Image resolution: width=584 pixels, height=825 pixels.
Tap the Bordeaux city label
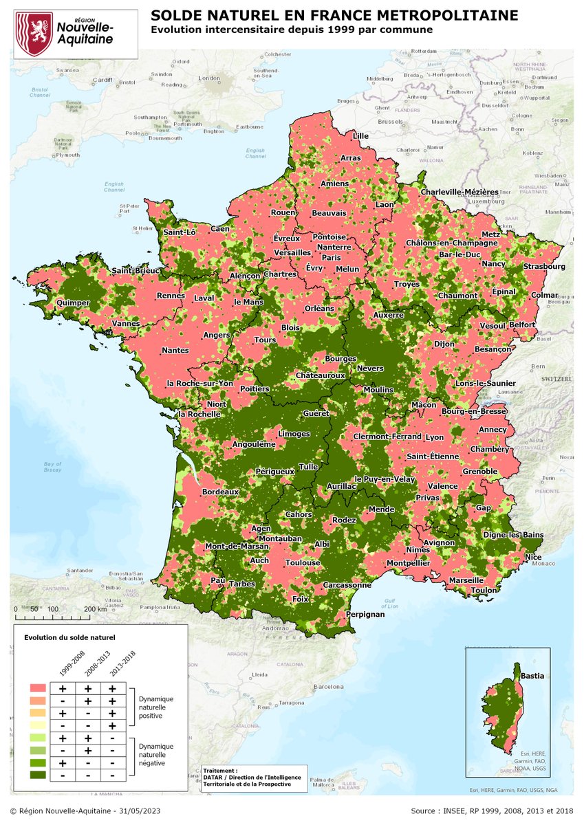[220, 492]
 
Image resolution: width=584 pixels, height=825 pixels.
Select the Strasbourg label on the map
[543, 266]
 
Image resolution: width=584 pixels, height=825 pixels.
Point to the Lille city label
[360, 136]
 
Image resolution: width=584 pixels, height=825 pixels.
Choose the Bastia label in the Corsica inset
[532, 676]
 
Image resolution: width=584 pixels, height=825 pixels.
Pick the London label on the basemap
[208, 79]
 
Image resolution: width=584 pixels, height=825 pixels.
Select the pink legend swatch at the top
[38, 687]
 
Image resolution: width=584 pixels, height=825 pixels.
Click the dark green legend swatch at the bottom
[38, 775]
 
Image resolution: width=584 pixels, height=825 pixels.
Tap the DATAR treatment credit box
[253, 779]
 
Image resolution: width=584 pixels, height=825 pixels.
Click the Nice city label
[532, 557]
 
